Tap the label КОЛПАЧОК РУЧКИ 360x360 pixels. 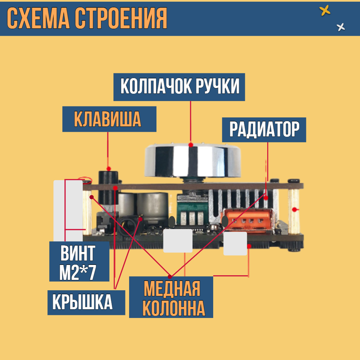point(179,87)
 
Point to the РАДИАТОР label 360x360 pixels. point(264,129)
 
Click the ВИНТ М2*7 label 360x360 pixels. point(79,261)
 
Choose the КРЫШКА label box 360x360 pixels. point(86,302)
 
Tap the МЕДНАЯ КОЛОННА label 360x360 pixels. point(171,297)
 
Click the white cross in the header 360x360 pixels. point(341,27)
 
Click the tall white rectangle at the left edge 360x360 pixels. point(68,210)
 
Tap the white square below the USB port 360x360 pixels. point(235,244)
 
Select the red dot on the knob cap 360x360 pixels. point(191,145)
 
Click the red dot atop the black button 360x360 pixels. point(108,169)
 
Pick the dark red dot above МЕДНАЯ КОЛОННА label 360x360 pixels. point(170,277)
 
